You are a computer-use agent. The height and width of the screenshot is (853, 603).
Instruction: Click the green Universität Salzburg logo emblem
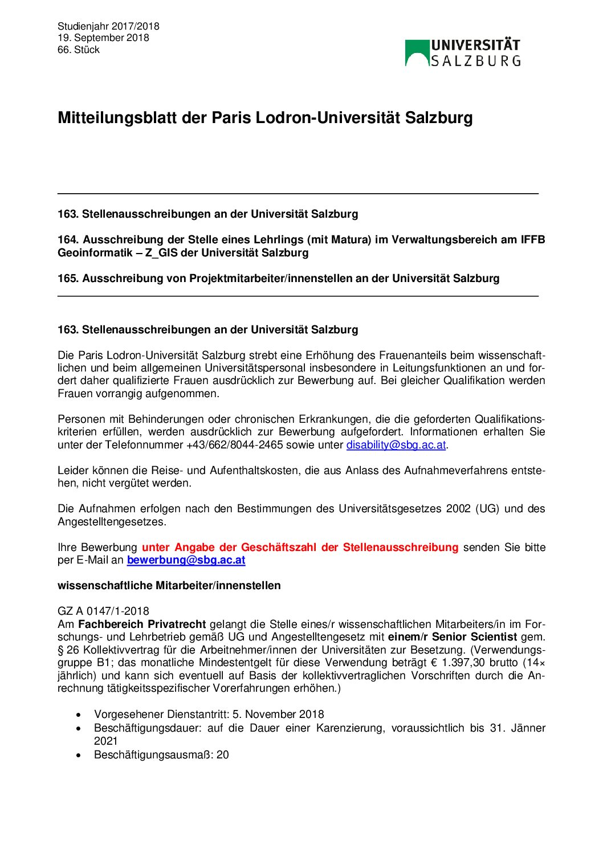coord(417,52)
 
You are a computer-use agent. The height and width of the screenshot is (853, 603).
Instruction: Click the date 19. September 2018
coord(103,38)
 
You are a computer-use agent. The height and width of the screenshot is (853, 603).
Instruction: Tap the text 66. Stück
coord(79,50)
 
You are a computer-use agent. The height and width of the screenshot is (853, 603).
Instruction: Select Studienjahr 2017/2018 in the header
coord(108,26)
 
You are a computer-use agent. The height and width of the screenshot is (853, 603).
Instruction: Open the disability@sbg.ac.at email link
coord(396,445)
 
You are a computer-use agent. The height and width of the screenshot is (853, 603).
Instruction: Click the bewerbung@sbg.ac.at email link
coord(186,560)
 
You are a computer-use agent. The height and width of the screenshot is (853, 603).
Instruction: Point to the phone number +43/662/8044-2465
coord(234,445)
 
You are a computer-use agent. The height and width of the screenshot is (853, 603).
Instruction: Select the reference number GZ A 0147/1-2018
coord(103,611)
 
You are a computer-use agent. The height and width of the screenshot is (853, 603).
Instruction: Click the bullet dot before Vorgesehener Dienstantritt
coord(79,715)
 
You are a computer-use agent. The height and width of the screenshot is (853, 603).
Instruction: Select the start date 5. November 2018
coord(278,715)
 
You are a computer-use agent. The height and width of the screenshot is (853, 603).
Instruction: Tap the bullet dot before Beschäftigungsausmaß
coord(79,756)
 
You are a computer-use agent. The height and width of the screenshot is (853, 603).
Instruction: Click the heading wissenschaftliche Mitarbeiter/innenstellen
coord(169,586)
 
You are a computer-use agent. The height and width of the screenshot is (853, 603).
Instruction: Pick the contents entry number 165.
coord(67,279)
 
